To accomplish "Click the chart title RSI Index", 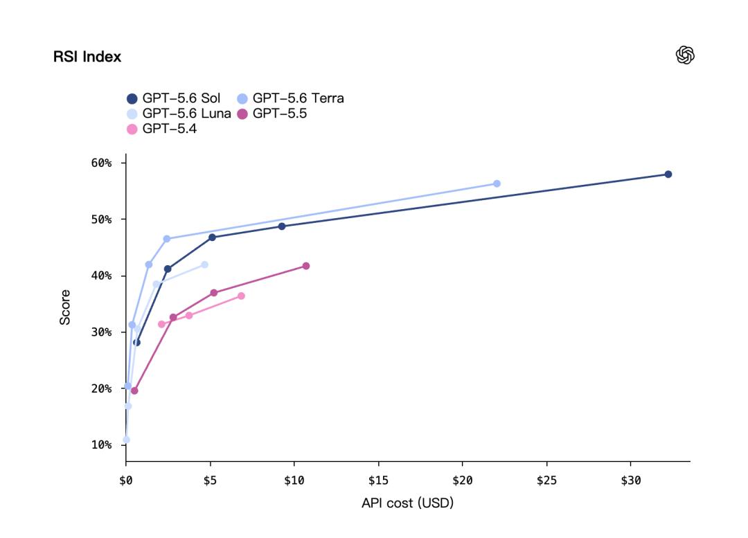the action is [x=87, y=57].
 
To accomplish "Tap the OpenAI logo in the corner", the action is [x=685, y=55].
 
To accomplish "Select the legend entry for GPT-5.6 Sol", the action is [x=174, y=98].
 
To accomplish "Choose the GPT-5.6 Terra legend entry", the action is [x=290, y=98].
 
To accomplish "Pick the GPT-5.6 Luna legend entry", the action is [x=179, y=114].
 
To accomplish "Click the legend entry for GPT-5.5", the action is [x=272, y=114].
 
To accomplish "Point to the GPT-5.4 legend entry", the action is [x=161, y=129].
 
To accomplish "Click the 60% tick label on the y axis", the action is [x=101, y=163].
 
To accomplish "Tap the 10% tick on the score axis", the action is [x=101, y=445].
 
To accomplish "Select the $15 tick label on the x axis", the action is [x=378, y=481].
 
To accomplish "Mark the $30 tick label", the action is [x=631, y=481].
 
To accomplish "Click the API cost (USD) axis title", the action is [x=407, y=503].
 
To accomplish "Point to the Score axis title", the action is [x=65, y=307].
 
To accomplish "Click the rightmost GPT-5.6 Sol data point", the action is [x=668, y=174].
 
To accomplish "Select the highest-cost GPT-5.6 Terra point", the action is [x=497, y=183].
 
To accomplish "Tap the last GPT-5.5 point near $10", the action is [x=306, y=266].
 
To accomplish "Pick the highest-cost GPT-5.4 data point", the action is [x=241, y=296].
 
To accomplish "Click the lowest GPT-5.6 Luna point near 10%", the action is [x=126, y=440].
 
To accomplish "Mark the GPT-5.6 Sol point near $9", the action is [x=281, y=226].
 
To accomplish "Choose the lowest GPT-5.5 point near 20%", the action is [x=134, y=391].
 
